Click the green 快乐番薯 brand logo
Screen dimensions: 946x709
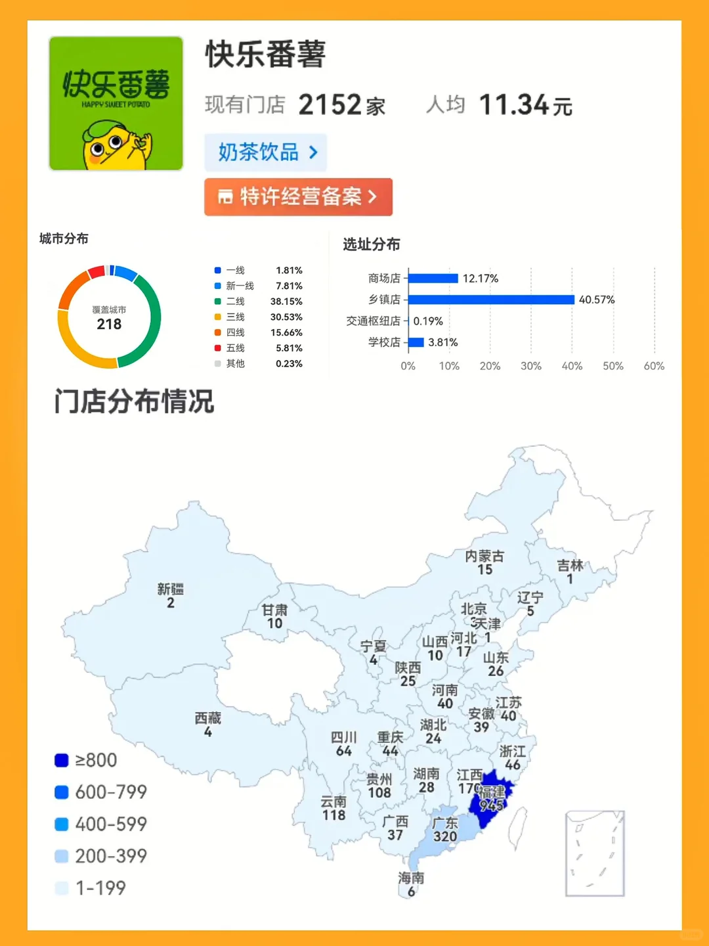coord(116,103)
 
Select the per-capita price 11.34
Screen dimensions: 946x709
coord(513,105)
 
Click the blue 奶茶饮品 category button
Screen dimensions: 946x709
coord(266,152)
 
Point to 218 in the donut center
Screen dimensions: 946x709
coord(109,324)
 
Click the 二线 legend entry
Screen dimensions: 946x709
coord(235,302)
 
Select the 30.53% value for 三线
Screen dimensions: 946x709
coord(286,317)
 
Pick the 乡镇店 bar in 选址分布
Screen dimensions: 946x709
coord(491,300)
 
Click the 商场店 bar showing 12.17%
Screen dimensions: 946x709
coord(433,279)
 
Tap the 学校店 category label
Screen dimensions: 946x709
coord(384,342)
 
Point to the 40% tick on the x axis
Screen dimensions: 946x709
coord(572,366)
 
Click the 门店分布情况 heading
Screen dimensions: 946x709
coord(135,401)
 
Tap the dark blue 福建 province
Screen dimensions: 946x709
coord(491,798)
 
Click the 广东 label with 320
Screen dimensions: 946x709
coord(445,829)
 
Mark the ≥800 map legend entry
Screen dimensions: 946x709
coord(87,760)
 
